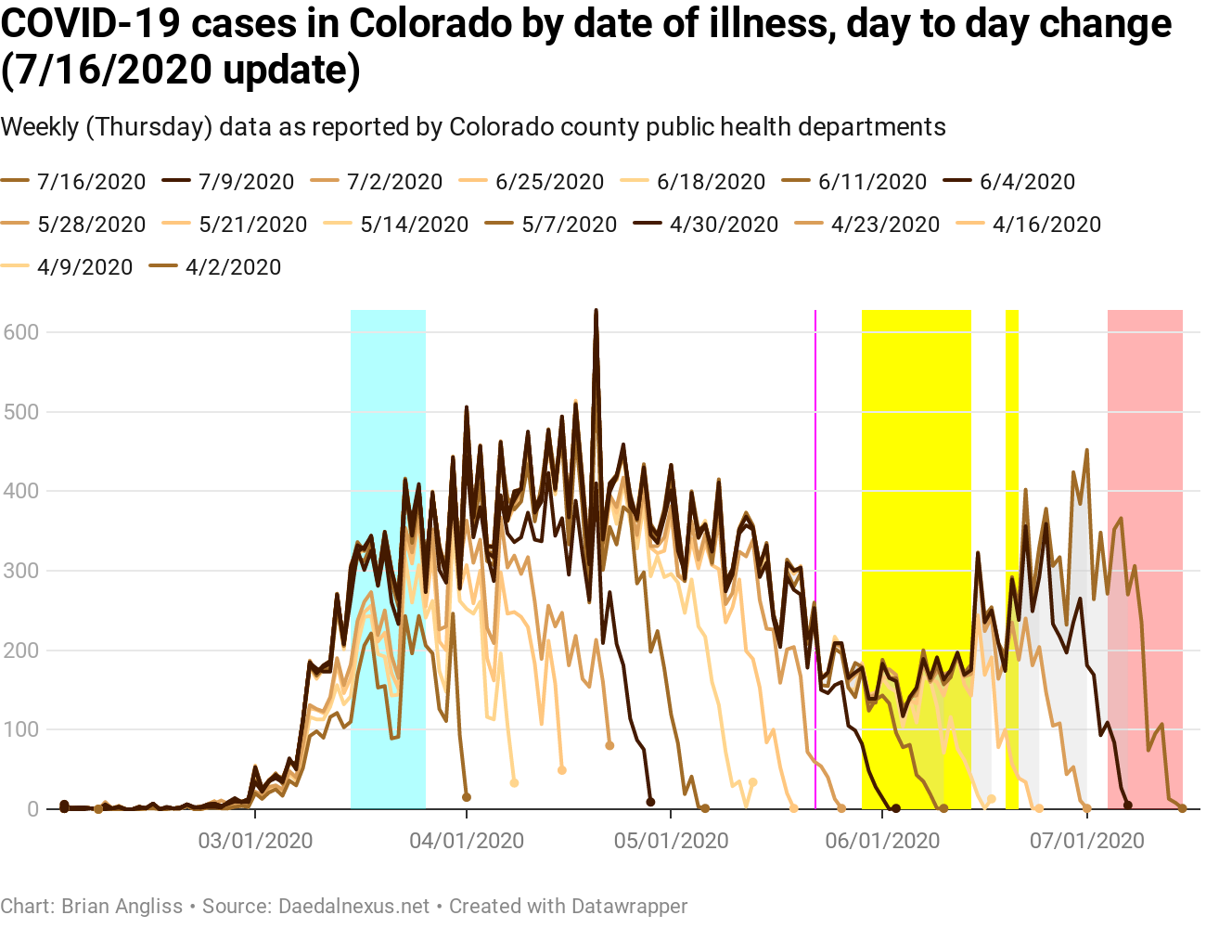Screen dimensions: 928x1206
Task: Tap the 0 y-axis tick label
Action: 33,809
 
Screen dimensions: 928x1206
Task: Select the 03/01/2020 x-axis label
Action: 255,842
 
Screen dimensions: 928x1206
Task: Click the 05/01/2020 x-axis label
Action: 671,842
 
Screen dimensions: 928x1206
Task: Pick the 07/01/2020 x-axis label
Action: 1086,842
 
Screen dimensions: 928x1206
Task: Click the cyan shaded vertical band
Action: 388,557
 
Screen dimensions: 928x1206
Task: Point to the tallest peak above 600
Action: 596,312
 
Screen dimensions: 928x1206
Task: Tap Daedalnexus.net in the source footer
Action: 353,906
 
